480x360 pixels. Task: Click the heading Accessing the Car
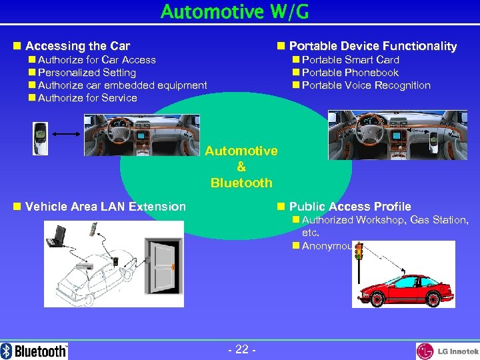point(77,46)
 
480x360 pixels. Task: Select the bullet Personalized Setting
point(87,73)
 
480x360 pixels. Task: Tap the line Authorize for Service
point(87,98)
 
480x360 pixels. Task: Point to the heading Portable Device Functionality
point(373,46)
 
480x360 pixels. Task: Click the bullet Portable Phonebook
point(350,73)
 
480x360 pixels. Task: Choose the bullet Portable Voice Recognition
point(366,85)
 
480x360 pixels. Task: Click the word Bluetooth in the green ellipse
point(241,183)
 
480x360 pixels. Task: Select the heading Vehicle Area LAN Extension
point(105,207)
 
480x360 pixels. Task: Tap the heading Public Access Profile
point(350,207)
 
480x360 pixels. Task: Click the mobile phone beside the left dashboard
point(41,139)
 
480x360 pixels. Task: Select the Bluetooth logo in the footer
point(35,351)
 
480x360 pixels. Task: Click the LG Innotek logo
point(447,351)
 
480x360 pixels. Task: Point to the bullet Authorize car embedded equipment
point(122,85)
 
